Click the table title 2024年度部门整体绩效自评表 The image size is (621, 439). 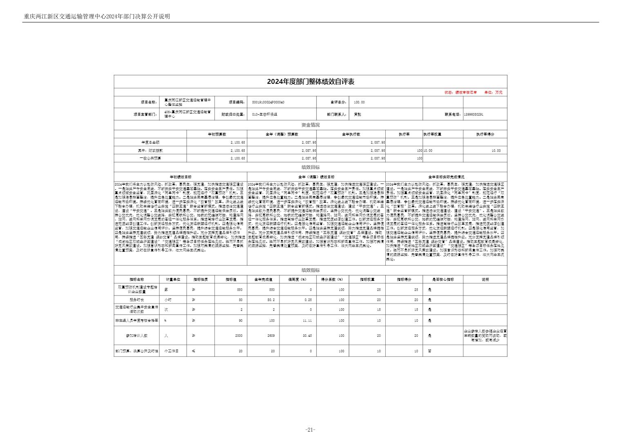pyautogui.click(x=310, y=82)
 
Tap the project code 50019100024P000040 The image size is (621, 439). pyautogui.click(x=268, y=102)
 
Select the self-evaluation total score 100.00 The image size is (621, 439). pyautogui.click(x=360, y=102)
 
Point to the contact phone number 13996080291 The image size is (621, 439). pyautogui.click(x=474, y=114)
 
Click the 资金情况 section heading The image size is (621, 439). pyautogui.click(x=310, y=125)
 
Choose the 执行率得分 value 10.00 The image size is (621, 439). pyautogui.click(x=496, y=150)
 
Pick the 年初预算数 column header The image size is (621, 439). pyautogui.click(x=217, y=134)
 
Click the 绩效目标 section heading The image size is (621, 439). pyautogui.click(x=310, y=167)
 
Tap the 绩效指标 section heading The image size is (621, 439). pyautogui.click(x=310, y=270)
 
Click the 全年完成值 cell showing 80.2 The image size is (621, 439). pyautogui.click(x=270, y=300)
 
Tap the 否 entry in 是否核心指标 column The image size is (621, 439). pyautogui.click(x=429, y=351)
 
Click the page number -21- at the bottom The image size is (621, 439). pyautogui.click(x=310, y=430)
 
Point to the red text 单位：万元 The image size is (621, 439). pyautogui.click(x=493, y=92)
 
